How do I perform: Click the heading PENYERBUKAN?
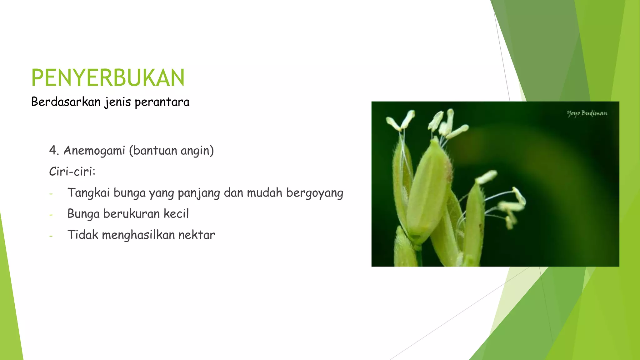[x=108, y=78]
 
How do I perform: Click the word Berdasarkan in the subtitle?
[x=66, y=102]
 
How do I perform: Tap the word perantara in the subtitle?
[x=162, y=102]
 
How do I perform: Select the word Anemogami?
[x=94, y=151]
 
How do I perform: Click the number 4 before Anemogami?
[x=53, y=151]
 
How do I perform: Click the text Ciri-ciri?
[x=72, y=172]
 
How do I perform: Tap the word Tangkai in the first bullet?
[x=88, y=193]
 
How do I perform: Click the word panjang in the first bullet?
[x=199, y=193]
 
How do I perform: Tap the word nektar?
[x=197, y=235]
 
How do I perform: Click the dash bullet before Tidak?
[x=51, y=236]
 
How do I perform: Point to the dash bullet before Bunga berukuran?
[x=51, y=215]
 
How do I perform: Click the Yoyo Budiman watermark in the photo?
[x=587, y=113]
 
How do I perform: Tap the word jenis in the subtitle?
[x=117, y=102]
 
